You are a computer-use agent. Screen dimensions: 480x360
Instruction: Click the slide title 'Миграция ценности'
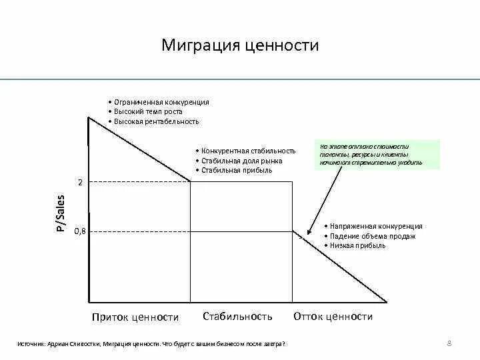coord(240,45)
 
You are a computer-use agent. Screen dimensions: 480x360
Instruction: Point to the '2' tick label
coord(80,182)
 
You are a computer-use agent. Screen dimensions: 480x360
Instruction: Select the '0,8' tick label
coord(79,231)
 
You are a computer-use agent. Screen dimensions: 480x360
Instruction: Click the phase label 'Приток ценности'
coord(135,317)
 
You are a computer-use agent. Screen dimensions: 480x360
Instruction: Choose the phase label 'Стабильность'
coord(237,317)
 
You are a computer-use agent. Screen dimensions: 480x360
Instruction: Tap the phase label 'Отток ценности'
coord(333,317)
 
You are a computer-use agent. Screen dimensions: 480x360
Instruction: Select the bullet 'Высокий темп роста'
coord(147,112)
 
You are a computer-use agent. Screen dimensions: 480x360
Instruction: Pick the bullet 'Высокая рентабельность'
coord(156,122)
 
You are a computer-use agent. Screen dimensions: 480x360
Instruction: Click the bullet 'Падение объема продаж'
coord(373,236)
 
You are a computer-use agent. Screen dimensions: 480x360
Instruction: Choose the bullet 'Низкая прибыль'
coord(358,246)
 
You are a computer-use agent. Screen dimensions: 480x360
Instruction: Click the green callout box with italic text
coord(377,155)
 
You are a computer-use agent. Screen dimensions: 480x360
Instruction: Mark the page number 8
coord(449,343)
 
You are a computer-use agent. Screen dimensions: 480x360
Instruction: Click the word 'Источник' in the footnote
coord(31,344)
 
